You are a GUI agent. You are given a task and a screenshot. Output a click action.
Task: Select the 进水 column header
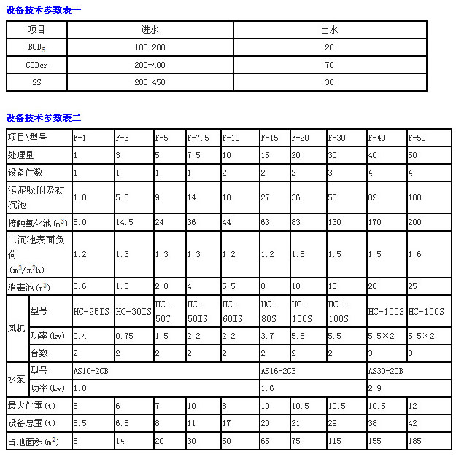[x=151, y=31]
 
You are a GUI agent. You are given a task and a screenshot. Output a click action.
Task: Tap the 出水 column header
[x=330, y=31]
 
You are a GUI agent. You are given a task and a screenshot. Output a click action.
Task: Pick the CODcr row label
[x=37, y=65]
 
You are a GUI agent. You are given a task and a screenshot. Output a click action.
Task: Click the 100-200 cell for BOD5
[x=151, y=47]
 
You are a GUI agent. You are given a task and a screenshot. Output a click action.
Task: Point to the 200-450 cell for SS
[x=151, y=82]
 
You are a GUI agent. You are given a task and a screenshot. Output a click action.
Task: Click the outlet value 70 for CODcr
[x=330, y=65]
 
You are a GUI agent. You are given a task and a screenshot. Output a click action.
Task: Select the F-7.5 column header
[x=198, y=137]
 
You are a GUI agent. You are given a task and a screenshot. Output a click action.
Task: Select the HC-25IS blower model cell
[x=91, y=311]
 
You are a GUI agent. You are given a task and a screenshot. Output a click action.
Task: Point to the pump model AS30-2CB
[x=386, y=371]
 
